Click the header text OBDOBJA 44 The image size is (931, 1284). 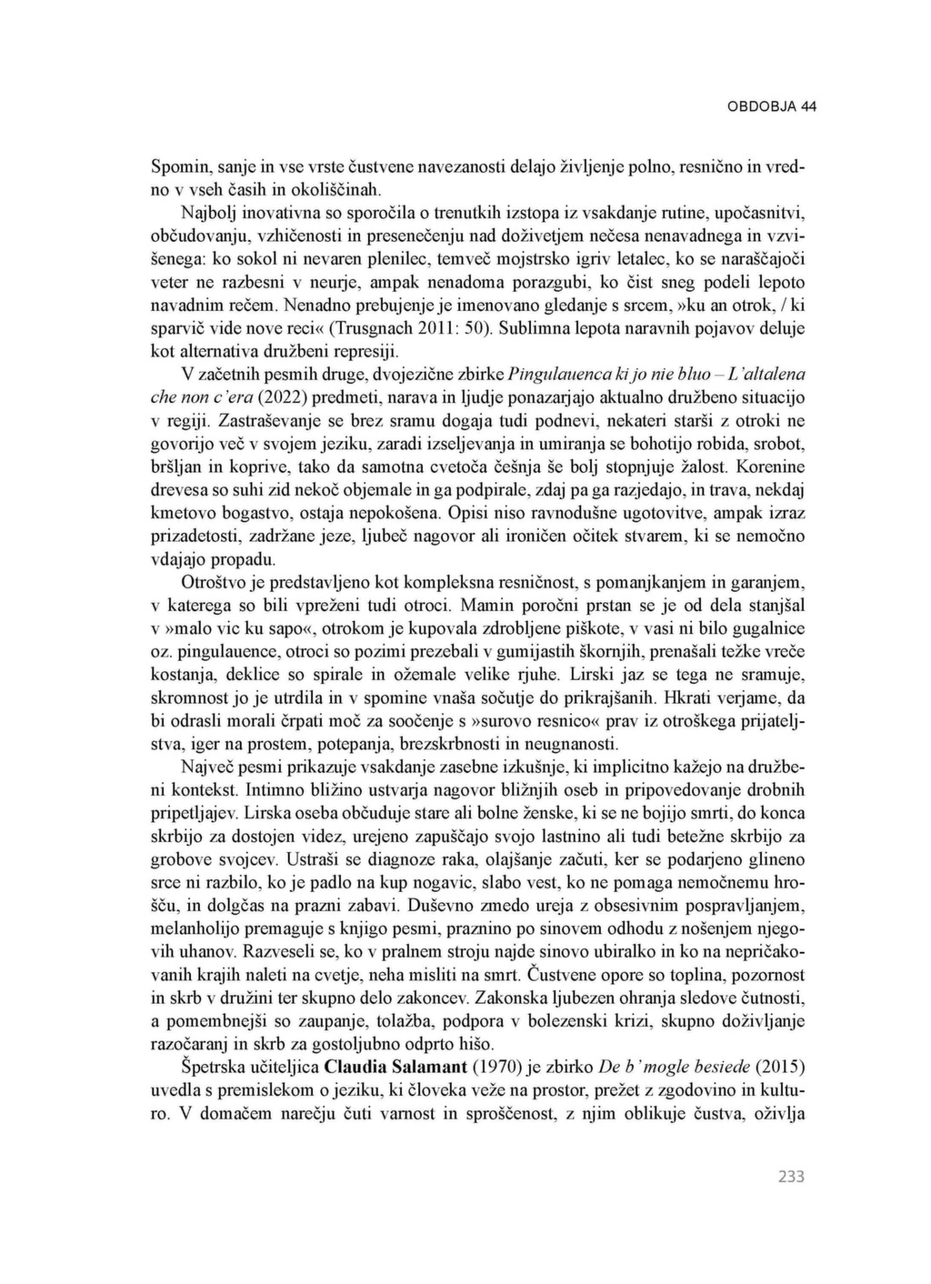[x=772, y=106]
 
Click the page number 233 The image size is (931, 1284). [x=791, y=1177]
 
